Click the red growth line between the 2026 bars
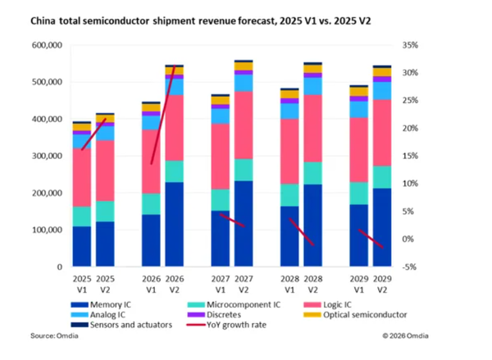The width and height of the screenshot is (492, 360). click(x=162, y=115)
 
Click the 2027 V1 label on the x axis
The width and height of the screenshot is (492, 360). click(x=220, y=282)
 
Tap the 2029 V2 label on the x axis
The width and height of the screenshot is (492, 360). click(x=382, y=282)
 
